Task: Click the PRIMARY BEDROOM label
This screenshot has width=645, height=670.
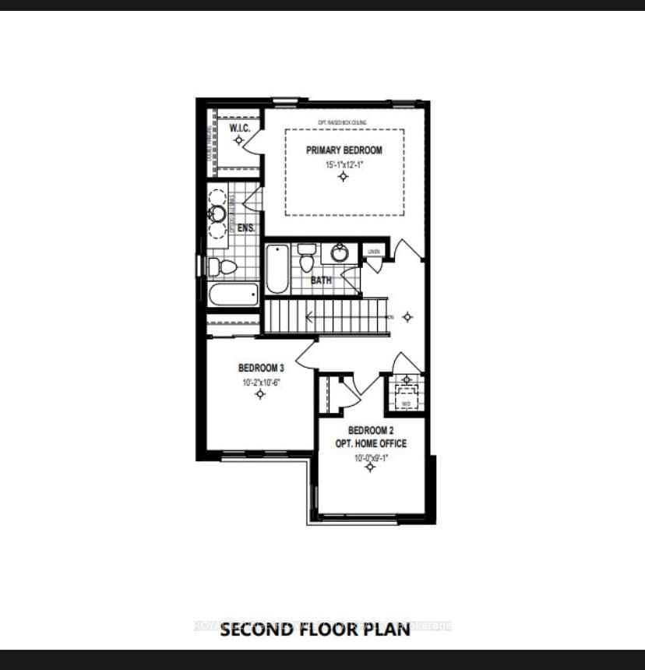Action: (x=344, y=150)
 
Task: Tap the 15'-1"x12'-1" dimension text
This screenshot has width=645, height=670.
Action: (x=344, y=165)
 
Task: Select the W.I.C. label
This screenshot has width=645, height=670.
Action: (x=238, y=128)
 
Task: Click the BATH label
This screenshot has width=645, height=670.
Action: (x=322, y=279)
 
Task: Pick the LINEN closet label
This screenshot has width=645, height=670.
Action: (x=374, y=251)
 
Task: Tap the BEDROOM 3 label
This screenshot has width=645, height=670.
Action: (x=259, y=367)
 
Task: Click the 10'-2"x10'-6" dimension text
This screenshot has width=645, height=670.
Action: (x=259, y=382)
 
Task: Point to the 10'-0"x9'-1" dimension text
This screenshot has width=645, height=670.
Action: (x=371, y=458)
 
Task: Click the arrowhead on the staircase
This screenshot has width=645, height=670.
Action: (x=309, y=316)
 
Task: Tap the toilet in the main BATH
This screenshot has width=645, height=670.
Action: (x=305, y=259)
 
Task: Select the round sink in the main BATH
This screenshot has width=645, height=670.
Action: (x=340, y=253)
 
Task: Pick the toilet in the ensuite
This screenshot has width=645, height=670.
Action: (x=224, y=267)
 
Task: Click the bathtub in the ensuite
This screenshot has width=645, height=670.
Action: (x=233, y=294)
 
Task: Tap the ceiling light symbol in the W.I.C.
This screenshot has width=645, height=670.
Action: (x=238, y=139)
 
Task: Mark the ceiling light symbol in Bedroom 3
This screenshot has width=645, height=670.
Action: (x=260, y=394)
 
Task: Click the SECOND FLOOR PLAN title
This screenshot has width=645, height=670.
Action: (x=315, y=629)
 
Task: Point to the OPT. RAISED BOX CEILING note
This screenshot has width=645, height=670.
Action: (x=343, y=122)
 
